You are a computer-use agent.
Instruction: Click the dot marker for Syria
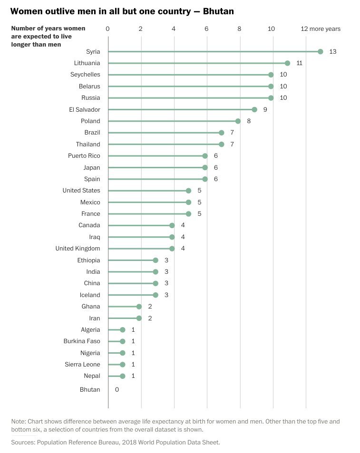coord(321,51)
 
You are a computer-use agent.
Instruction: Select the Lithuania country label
coord(87,63)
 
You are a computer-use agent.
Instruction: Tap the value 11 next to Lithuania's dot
coord(299,63)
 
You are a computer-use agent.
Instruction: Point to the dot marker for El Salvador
coord(254,109)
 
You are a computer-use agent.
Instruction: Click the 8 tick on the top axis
coord(239,29)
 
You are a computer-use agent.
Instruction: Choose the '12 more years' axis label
coord(321,29)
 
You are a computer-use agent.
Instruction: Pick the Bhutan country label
coord(90,390)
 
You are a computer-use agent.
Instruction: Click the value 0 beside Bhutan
coord(117,390)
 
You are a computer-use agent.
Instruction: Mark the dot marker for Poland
coord(238,121)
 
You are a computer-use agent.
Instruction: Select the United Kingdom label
coord(78,249)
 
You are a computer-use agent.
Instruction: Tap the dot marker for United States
coord(189,191)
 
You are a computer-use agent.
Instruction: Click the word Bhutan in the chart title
coord(218,10)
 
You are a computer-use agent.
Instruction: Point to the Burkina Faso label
coord(82,341)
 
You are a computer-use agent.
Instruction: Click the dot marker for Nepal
coord(123,376)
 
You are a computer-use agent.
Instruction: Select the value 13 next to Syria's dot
coord(332,51)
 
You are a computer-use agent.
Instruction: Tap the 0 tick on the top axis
coord(107,29)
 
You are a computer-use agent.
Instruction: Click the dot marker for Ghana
coord(139,307)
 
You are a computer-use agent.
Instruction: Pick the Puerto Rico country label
coord(84,156)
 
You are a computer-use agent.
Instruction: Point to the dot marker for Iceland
coord(156,295)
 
